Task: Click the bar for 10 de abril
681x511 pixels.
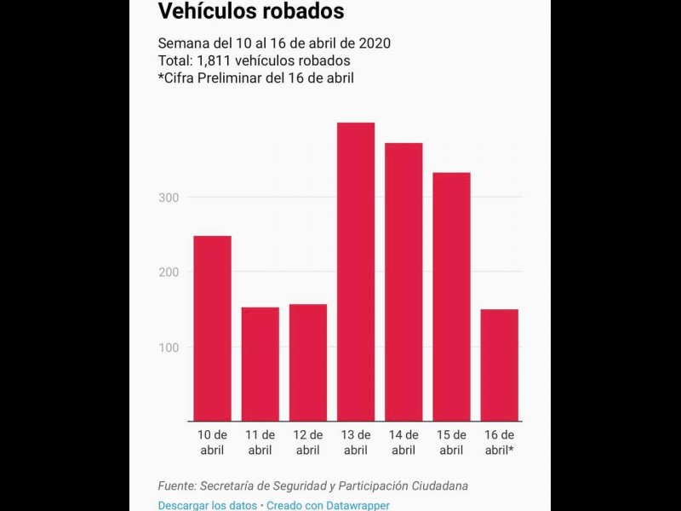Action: point(212,328)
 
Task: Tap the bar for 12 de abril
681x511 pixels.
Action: point(307,362)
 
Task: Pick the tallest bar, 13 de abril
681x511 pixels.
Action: point(356,272)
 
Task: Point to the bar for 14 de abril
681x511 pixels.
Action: point(403,282)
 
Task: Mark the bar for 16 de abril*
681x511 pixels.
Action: point(499,365)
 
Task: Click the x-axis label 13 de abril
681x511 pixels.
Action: point(356,443)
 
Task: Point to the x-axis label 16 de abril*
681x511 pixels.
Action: point(499,443)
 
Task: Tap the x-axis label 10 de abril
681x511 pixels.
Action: point(212,443)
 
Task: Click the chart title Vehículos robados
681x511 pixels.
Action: point(251,11)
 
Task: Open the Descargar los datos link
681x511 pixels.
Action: point(207,505)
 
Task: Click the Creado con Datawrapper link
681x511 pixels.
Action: point(328,505)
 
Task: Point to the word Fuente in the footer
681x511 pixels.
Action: point(176,485)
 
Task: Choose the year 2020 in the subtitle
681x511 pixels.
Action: point(375,43)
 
